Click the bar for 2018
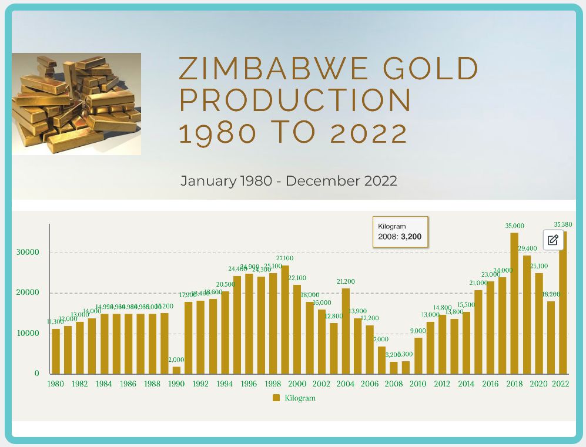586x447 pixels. [x=514, y=303]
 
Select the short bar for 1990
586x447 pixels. [x=176, y=370]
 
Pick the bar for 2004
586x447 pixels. [x=346, y=331]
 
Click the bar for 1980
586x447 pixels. [x=56, y=351]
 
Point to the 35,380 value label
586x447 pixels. [x=563, y=224]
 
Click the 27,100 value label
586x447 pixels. [x=284, y=258]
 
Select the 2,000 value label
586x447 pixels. [x=177, y=360]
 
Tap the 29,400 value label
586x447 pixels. [x=527, y=248]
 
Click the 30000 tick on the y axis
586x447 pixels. [x=28, y=253]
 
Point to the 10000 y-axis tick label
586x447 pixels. [x=28, y=334]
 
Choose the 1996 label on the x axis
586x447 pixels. [x=249, y=384]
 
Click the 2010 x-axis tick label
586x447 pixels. [x=418, y=384]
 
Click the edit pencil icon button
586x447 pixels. [x=552, y=240]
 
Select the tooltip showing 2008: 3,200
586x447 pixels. [x=400, y=232]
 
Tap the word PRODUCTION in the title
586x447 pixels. [x=295, y=100]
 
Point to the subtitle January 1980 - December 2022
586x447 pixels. [x=289, y=181]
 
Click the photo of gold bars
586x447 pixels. [x=76, y=104]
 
